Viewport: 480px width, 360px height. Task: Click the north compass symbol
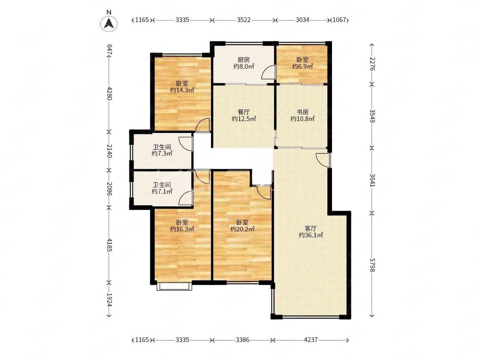109,23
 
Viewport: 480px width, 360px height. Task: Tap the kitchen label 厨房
243,59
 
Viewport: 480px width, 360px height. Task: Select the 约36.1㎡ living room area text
310,235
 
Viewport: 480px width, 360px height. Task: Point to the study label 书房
302,112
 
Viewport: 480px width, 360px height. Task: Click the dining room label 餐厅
243,112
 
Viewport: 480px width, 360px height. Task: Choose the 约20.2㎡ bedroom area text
242,229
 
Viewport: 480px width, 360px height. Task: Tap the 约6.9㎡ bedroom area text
302,66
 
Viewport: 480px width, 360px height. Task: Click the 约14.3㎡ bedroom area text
182,90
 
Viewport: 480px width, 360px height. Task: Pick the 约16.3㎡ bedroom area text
182,229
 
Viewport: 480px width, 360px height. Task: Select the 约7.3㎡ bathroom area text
162,153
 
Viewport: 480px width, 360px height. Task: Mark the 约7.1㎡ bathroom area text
162,192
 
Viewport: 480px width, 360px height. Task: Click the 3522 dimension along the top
243,20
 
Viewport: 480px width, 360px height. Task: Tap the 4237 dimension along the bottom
310,340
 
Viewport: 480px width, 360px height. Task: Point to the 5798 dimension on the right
372,265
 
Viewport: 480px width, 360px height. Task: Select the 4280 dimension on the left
109,93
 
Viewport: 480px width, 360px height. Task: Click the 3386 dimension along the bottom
242,340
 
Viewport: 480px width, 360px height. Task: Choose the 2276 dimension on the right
372,64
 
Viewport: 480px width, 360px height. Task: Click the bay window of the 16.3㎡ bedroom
174,287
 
